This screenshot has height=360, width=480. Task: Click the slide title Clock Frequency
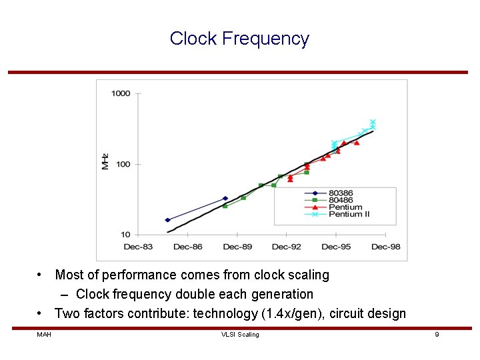click(x=239, y=39)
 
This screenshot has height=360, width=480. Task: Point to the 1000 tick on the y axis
click(x=121, y=93)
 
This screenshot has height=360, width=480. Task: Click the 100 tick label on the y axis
click(x=123, y=164)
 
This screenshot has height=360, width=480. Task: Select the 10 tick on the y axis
click(x=125, y=235)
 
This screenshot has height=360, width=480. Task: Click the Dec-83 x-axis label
click(x=138, y=247)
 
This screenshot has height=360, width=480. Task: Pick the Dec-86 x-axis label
click(x=187, y=247)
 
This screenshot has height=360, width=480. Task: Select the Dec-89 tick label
click(x=237, y=247)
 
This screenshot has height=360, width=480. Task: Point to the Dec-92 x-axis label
click(x=286, y=247)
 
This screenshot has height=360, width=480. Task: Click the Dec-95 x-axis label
click(x=336, y=247)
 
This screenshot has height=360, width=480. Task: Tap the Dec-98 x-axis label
click(x=385, y=247)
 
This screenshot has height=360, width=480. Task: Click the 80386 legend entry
click(x=341, y=193)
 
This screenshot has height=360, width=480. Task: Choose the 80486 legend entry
click(x=341, y=200)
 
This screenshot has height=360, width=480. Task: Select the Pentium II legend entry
click(x=348, y=214)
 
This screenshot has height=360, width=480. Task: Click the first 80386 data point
click(x=167, y=220)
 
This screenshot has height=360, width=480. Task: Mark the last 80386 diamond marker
click(x=225, y=199)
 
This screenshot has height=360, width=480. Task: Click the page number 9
click(x=437, y=335)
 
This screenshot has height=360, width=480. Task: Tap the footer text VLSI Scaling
click(x=240, y=335)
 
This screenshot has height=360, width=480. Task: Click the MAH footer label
click(x=44, y=335)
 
